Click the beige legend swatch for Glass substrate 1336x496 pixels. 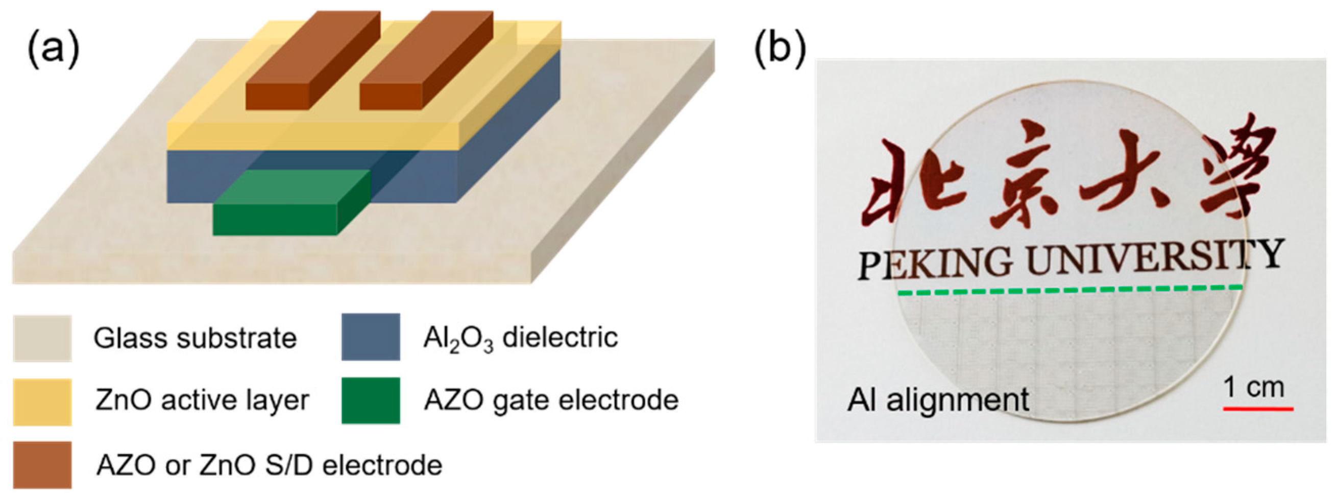pos(42,338)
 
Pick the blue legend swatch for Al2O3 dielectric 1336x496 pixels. pos(370,337)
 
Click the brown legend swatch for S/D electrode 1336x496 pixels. pos(42,465)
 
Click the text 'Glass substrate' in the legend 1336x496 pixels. pos(195,338)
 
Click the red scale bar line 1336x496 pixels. pos(1258,409)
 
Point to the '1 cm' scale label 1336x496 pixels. pos(1253,387)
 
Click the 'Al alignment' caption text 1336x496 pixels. pos(938,400)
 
